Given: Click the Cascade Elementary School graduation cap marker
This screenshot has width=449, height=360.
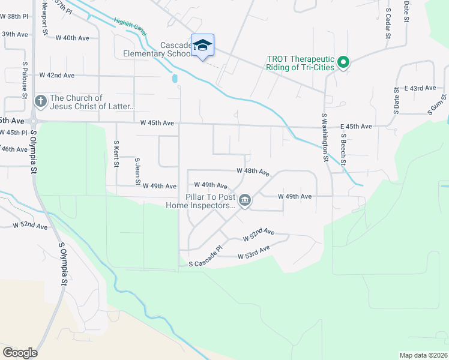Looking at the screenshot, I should pyautogui.click(x=203, y=46).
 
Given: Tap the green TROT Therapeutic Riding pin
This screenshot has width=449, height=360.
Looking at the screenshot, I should pyautogui.click(x=343, y=62).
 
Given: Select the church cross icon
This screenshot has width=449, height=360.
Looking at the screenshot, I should pyautogui.click(x=40, y=101).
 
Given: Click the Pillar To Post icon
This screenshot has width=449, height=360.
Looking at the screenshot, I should pyautogui.click(x=244, y=200).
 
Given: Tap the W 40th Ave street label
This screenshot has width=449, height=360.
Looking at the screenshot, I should pyautogui.click(x=72, y=38).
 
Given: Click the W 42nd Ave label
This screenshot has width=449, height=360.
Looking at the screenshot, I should pyautogui.click(x=57, y=76).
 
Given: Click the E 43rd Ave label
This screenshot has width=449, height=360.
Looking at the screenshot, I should pyautogui.click(x=420, y=88).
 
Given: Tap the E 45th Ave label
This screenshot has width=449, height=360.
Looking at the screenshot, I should pyautogui.click(x=357, y=127).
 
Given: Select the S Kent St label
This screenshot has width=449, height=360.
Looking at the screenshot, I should pyautogui.click(x=116, y=154).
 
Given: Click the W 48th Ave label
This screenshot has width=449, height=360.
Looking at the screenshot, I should pyautogui.click(x=252, y=171).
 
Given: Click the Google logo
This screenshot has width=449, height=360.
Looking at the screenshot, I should pyautogui.click(x=20, y=352).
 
